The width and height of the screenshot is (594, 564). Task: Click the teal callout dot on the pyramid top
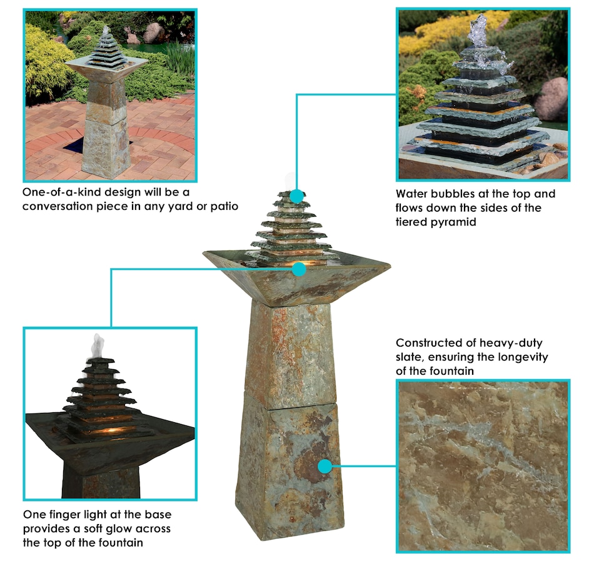tap(297, 196)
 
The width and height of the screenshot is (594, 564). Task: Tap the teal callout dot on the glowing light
tap(299, 269)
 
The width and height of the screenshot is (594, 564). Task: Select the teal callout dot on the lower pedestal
tap(325, 467)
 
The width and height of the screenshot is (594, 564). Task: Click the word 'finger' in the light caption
tap(67, 515)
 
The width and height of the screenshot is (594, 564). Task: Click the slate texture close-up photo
tap(483, 466)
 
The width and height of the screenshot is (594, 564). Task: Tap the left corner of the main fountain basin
tap(204, 253)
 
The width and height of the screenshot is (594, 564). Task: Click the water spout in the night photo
tap(97, 347)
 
